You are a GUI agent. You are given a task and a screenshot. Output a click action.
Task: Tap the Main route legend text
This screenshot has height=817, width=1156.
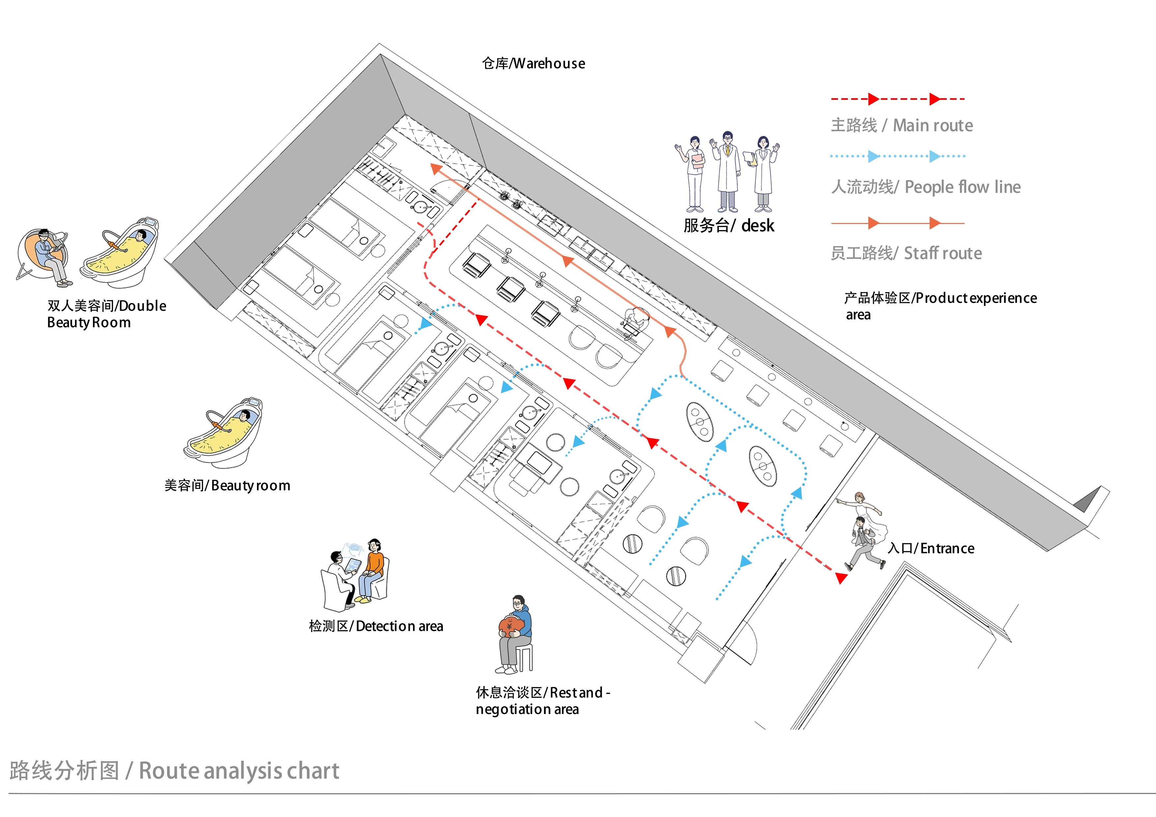coord(901,125)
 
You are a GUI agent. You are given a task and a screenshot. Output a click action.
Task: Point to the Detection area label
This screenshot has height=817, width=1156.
coord(376,626)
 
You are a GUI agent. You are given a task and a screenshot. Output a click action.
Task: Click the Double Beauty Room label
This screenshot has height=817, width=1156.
coord(106,314)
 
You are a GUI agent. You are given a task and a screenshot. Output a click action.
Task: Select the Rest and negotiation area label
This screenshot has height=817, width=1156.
coord(542,701)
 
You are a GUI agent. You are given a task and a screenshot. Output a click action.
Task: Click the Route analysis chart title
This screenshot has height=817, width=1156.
coord(174,771)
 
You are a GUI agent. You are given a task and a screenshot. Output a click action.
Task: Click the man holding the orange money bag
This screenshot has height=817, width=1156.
coord(514,634)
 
